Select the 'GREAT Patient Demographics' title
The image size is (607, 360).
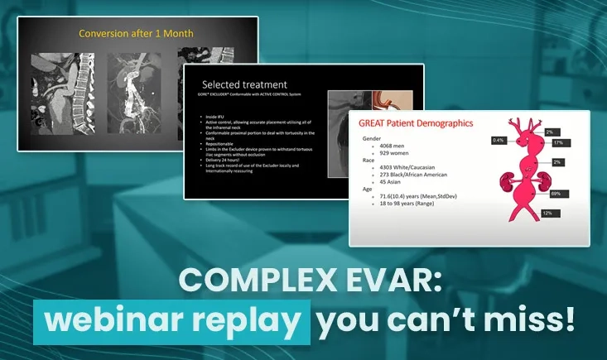pyautogui.click(x=415, y=123)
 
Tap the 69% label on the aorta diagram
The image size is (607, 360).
pyautogui.click(x=555, y=193)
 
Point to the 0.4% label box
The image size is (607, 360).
pyautogui.click(x=498, y=140)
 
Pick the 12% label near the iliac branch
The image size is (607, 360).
pyautogui.click(x=547, y=214)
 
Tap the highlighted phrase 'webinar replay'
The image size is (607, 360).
pyautogui.click(x=172, y=319)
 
